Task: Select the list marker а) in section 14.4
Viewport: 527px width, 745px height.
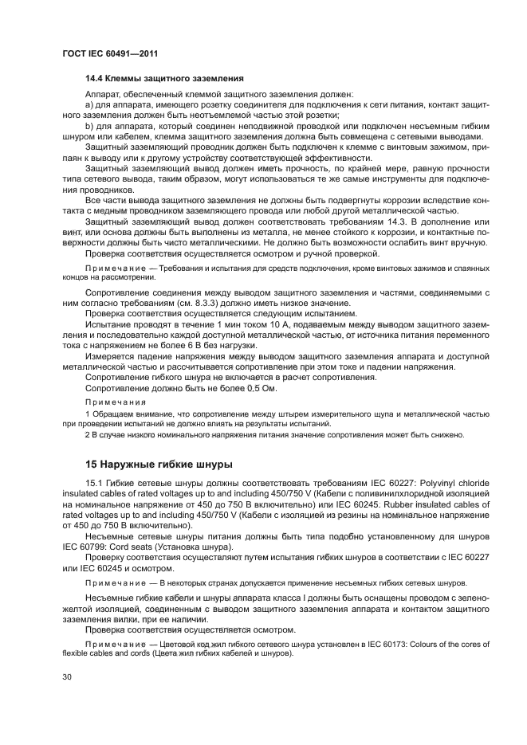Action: coord(90,104)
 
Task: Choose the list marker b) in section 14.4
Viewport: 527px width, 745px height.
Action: coord(90,126)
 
